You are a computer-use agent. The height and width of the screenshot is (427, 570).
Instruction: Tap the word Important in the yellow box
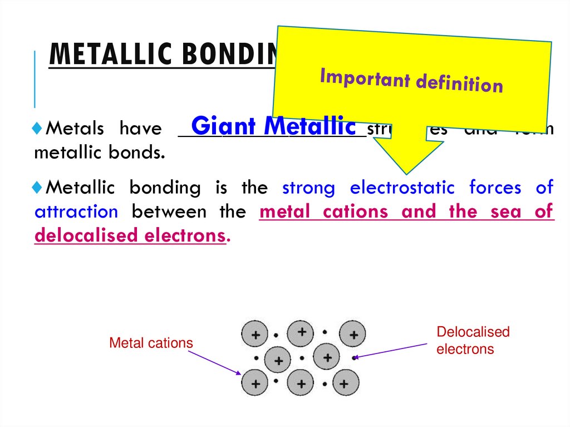tap(353, 77)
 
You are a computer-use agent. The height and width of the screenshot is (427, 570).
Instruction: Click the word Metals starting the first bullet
tap(75, 129)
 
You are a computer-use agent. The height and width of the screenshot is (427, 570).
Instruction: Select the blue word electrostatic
tap(402, 188)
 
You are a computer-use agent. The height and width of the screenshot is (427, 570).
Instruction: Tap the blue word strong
tap(308, 188)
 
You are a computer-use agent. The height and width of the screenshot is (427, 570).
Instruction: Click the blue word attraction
tap(76, 212)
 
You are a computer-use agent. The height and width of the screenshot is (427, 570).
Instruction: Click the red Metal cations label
tap(151, 343)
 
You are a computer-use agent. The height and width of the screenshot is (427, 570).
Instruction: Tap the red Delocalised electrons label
tap(473, 341)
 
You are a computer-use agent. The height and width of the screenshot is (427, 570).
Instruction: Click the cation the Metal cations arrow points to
tap(255, 383)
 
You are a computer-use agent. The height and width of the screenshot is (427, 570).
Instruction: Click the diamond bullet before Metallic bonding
tap(38, 188)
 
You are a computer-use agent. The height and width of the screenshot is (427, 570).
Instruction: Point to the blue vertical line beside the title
tap(36, 78)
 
